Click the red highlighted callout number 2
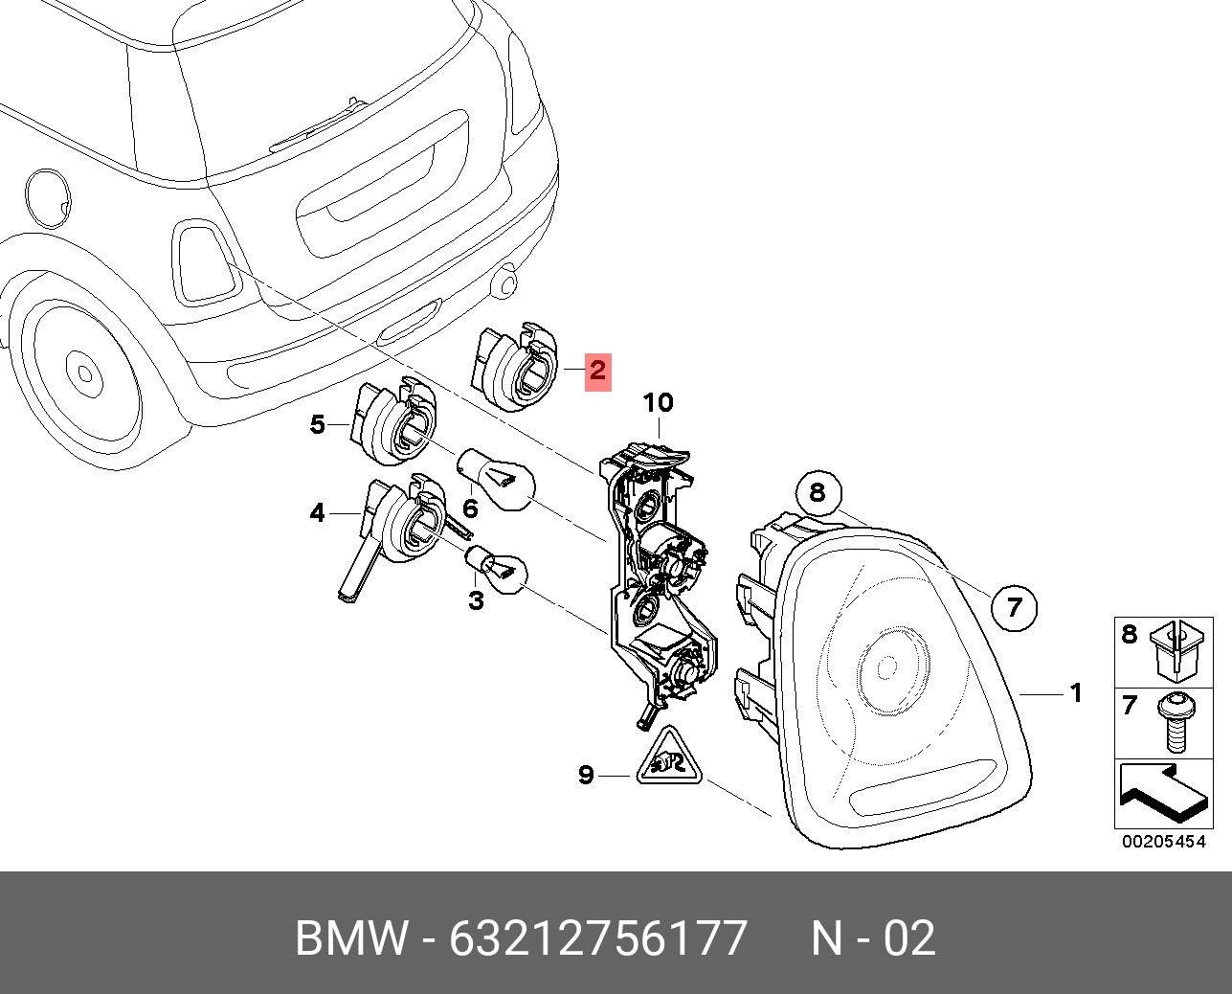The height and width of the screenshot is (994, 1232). tap(598, 370)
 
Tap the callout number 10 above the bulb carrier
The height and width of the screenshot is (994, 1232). tap(658, 403)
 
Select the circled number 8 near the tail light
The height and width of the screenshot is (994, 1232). tap(818, 492)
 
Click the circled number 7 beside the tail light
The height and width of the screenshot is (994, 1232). tap(1014, 606)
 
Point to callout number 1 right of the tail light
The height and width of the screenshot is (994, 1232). tap(1076, 692)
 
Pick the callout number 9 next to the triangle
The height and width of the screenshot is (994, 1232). tap(586, 775)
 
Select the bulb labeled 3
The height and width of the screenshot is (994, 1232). tap(498, 567)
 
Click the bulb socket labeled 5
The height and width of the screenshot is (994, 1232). tap(392, 425)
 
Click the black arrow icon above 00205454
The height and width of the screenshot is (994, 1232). tap(1162, 793)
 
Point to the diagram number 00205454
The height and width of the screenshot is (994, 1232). tap(1163, 842)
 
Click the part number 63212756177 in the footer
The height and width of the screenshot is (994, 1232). tap(598, 938)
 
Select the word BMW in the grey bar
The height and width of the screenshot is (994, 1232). tap(350, 938)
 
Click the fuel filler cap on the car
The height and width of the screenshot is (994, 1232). tap(49, 198)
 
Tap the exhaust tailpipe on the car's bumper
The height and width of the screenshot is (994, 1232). tap(504, 283)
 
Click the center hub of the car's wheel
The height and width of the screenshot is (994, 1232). tap(83, 373)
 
